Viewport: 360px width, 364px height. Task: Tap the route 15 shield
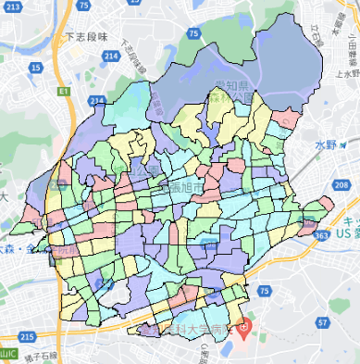(34, 67)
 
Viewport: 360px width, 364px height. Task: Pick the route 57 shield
(321, 322)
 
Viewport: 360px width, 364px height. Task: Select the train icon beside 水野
(343, 145)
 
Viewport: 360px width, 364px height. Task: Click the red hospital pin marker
(244, 326)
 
